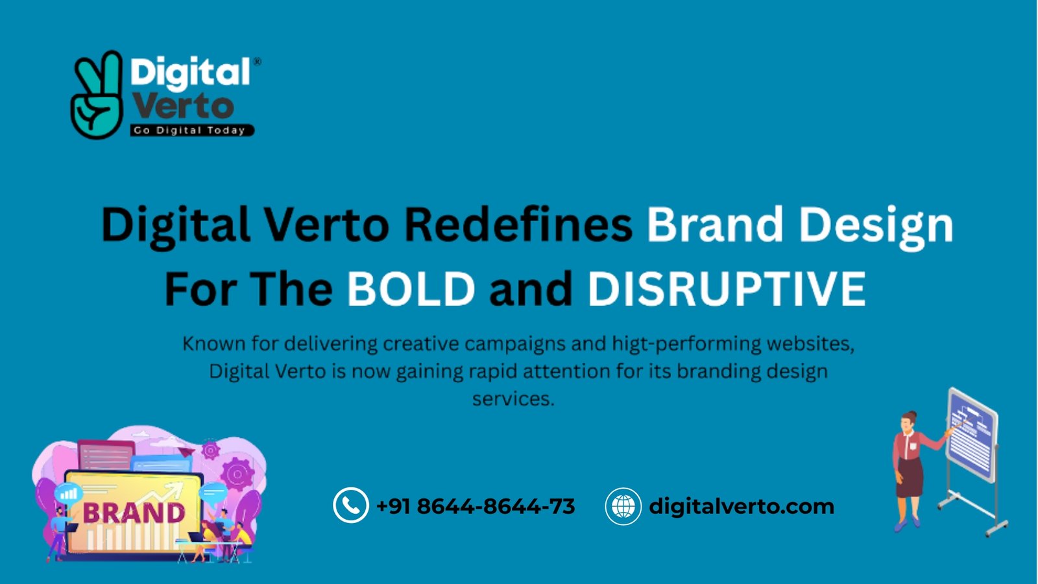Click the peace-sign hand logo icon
[x=97, y=95]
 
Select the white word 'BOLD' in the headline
[x=411, y=288]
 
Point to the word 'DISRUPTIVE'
[x=727, y=288]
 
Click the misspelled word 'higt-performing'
[x=685, y=345]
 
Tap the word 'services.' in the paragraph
[x=513, y=399]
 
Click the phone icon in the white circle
[x=351, y=505]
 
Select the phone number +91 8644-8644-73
[x=476, y=506]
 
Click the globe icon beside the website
[x=623, y=505]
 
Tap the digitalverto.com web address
[x=742, y=506]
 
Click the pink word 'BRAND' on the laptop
[x=134, y=513]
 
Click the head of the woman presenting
[x=909, y=421]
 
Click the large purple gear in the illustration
[x=237, y=474]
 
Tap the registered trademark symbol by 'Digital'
[x=257, y=62]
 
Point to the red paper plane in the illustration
[x=186, y=451]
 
